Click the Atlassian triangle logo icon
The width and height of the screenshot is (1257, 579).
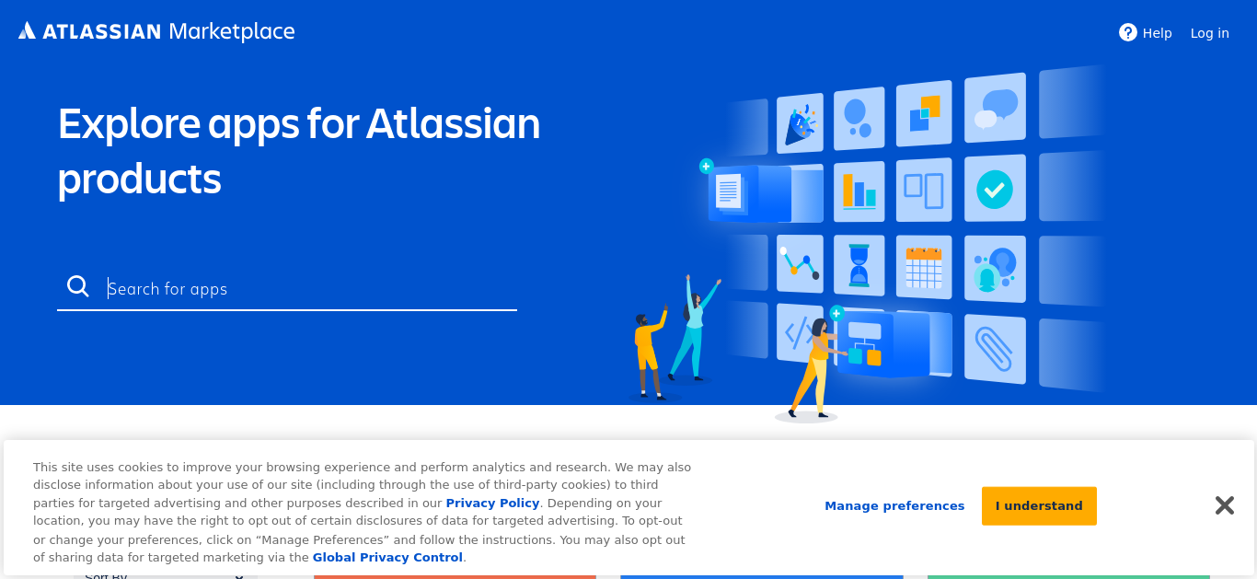tap(27, 30)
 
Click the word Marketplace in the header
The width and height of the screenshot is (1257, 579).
tap(232, 32)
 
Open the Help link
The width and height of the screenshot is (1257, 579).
tap(1146, 33)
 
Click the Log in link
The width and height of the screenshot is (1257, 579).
tap(1210, 33)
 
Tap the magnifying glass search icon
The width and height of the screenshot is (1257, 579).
tap(78, 286)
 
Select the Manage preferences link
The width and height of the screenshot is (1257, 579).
tap(894, 506)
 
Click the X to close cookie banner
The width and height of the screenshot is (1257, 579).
tap(1225, 505)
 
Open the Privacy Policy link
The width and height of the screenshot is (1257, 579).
tap(492, 504)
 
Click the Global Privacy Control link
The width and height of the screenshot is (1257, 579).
tap(387, 558)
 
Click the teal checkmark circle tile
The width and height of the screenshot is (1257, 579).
tap(995, 189)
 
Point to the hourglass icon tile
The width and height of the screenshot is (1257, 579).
tap(859, 265)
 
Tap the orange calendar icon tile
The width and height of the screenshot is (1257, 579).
tap(924, 267)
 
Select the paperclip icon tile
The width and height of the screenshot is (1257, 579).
tap(995, 350)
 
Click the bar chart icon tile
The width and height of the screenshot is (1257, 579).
tap(859, 191)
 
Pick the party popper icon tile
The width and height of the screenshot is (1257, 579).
tap(801, 123)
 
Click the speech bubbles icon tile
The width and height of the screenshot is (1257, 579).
tap(995, 108)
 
